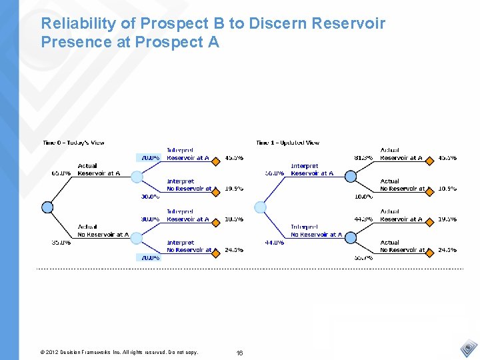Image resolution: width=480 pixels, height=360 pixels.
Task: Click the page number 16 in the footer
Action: [240, 352]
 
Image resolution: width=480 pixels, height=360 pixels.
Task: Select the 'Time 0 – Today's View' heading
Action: [73, 143]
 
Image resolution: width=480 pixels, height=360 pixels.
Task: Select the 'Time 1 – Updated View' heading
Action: [287, 143]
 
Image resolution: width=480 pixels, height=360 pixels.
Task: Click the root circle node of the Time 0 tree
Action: [47, 207]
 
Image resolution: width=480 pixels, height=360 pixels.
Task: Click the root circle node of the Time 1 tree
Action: [261, 207]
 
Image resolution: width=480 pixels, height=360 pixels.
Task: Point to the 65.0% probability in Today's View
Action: [61, 173]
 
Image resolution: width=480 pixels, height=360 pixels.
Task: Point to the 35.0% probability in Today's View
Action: [61, 243]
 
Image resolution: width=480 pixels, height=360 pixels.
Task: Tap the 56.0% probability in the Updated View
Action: [275, 173]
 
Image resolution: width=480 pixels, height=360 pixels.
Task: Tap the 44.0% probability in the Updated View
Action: [275, 243]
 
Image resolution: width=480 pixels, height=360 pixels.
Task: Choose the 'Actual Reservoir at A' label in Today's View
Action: [99, 169]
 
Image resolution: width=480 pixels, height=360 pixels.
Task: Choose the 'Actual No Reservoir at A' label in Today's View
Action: [103, 231]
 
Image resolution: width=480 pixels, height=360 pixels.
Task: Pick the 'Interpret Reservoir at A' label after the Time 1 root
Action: [312, 169]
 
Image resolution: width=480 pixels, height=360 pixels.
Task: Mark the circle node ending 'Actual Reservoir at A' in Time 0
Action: [137, 177]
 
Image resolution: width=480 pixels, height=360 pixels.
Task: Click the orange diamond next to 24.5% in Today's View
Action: [216, 253]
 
